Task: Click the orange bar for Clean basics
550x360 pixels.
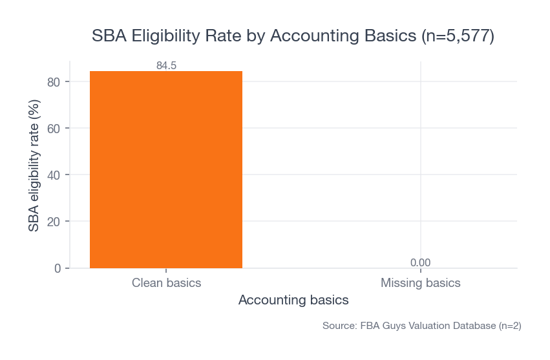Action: coord(166,169)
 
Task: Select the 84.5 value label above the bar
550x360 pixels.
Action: coord(166,65)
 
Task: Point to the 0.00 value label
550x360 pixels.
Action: coord(420,262)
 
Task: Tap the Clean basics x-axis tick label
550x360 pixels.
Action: coord(166,283)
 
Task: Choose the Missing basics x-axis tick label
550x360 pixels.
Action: coord(420,283)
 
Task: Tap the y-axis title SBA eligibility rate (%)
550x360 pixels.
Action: coord(34,165)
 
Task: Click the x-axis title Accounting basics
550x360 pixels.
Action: coord(293,301)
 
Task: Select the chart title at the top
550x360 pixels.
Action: coord(293,36)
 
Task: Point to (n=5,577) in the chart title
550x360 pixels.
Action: coord(457,36)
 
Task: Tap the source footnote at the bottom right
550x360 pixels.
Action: coord(421,326)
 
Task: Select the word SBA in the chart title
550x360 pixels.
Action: coord(109,36)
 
